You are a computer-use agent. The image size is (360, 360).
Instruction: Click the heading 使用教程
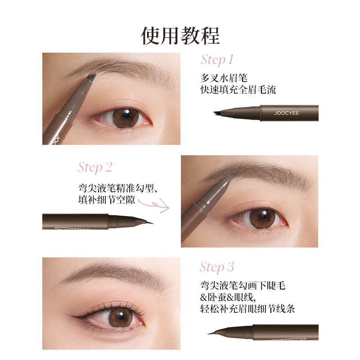180,35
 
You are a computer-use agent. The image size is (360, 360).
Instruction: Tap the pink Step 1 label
217,59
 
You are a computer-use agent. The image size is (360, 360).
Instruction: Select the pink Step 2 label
95,167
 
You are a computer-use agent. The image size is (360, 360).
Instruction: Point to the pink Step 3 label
217,267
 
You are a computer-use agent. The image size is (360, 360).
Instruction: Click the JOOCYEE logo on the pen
287,113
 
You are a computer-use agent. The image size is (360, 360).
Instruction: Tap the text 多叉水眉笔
224,77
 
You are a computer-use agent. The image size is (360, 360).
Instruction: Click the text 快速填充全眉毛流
238,90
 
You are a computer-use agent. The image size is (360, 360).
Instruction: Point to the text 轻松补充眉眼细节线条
248,309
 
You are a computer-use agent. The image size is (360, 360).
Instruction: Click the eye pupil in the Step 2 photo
260,218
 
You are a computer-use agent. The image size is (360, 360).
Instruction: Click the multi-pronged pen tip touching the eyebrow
92,77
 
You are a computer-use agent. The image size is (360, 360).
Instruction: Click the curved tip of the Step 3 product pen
211,333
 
